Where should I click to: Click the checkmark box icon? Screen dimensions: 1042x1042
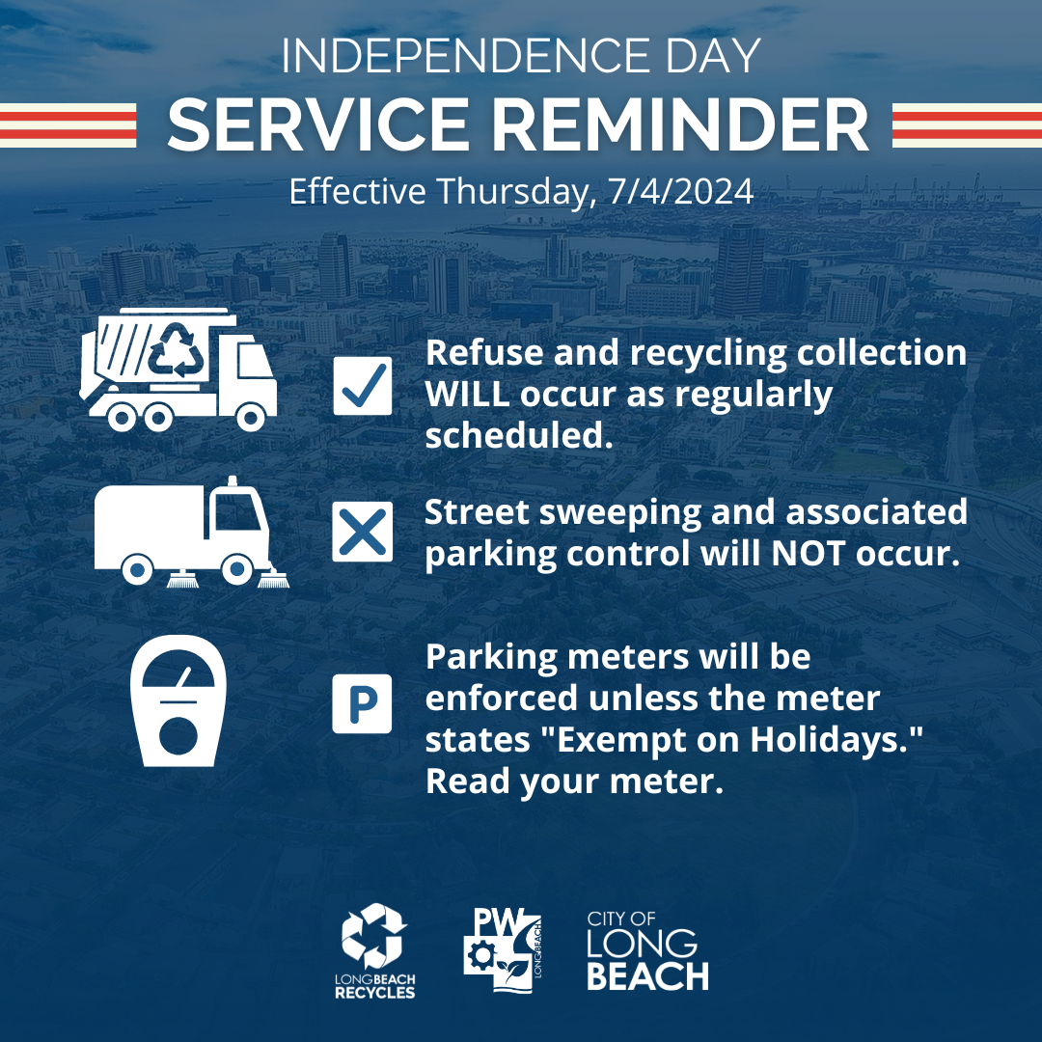click(362, 385)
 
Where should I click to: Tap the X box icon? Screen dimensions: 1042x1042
click(362, 532)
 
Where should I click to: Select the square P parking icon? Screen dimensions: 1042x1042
click(362, 703)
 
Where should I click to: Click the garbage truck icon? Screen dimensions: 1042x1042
click(178, 370)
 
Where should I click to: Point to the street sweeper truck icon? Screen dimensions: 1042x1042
click(191, 533)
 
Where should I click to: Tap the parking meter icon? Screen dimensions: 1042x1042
click(178, 701)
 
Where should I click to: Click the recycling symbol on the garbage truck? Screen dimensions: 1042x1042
click(177, 350)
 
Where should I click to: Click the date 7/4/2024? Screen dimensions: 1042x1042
click(680, 191)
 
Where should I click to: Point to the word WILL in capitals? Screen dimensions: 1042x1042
click(467, 394)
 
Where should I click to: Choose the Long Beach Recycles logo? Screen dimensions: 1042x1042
click(374, 951)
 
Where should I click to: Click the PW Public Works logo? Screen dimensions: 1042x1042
click(503, 951)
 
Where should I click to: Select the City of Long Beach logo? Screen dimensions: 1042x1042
click(648, 951)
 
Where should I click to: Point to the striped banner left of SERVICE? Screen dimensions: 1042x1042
click(68, 124)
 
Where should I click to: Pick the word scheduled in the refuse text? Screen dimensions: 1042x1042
click(518, 436)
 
